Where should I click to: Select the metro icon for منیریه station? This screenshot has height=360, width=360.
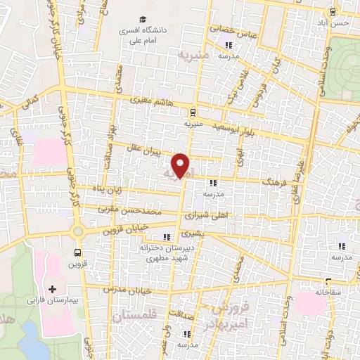pyautogui.click(x=192, y=111)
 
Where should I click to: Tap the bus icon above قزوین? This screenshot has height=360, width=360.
pyautogui.click(x=77, y=252)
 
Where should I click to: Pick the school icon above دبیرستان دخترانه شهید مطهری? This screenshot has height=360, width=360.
pyautogui.click(x=167, y=237)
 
